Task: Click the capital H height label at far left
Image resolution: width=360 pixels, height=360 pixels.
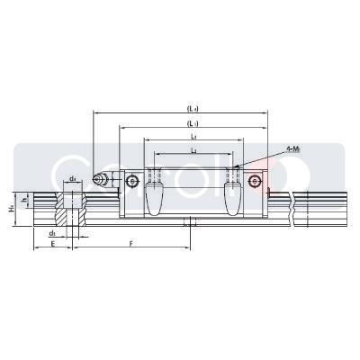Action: click(12, 208)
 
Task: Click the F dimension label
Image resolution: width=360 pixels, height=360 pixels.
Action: click(131, 244)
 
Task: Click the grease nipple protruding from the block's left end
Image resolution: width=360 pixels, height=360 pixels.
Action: click(97, 182)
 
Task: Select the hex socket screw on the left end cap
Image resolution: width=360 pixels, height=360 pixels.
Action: click(133, 182)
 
